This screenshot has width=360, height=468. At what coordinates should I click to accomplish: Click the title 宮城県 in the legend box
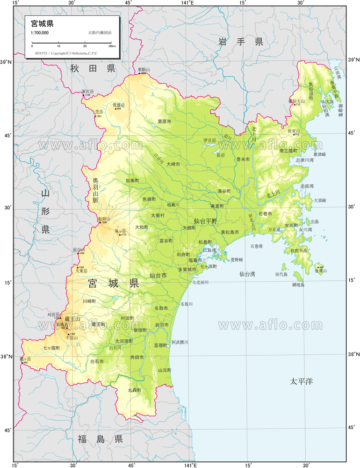[42, 23]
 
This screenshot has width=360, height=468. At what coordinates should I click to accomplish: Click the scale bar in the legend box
[72, 43]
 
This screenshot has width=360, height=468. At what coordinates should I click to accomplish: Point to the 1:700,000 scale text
[40, 32]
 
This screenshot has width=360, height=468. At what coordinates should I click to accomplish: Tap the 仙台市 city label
[158, 276]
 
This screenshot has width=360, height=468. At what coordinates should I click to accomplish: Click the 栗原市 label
[164, 121]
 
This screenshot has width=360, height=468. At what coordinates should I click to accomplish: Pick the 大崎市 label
[173, 164]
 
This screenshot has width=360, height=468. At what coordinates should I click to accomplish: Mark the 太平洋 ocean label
[300, 382]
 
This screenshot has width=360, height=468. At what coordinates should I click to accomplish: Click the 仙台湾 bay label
[247, 274]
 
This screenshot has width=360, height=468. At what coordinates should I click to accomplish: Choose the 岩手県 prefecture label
[240, 42]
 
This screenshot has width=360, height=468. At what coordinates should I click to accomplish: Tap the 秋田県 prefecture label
[93, 69]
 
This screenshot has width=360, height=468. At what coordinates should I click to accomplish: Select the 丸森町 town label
[135, 390]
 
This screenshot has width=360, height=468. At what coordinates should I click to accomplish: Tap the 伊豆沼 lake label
[209, 140]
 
